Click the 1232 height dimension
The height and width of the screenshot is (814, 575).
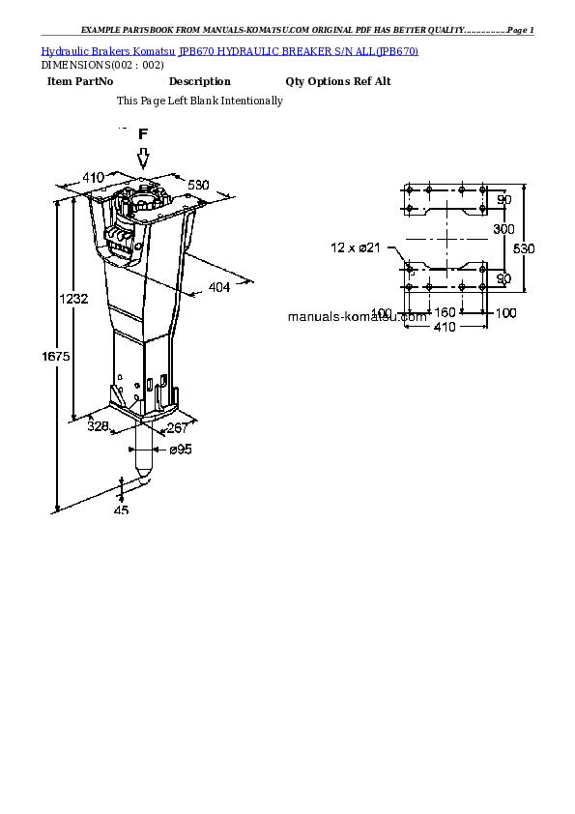click(74, 300)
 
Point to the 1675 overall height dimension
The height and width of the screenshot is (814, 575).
click(56, 357)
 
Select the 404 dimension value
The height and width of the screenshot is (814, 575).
click(219, 287)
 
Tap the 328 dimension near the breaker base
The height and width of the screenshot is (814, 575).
click(98, 425)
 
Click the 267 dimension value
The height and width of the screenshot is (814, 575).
click(178, 428)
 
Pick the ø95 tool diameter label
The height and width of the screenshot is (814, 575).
click(181, 450)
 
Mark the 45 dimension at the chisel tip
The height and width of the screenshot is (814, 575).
click(121, 510)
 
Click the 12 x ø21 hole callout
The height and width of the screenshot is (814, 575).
click(358, 248)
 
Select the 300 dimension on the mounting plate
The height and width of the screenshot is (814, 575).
click(503, 229)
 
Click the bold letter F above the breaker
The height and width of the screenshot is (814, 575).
click(143, 134)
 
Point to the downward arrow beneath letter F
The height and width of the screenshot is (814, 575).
click(143, 158)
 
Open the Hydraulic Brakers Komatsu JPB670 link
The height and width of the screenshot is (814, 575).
click(230, 49)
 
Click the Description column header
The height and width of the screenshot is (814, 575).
click(199, 82)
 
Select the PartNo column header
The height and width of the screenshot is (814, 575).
click(94, 82)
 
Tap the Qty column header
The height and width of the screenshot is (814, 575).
click(295, 82)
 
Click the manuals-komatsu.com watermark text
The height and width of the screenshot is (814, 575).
click(358, 316)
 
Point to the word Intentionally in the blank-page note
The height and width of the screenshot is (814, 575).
click(251, 101)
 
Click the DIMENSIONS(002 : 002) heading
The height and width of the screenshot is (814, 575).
click(96, 65)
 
